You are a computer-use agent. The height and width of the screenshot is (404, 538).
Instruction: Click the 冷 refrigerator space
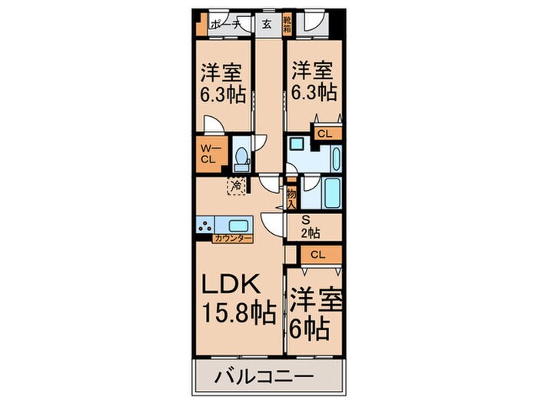tap(237, 185)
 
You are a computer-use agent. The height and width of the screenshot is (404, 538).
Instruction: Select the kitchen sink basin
tap(237, 225)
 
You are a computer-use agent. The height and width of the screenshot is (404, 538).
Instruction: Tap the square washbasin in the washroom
tap(296, 145)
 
